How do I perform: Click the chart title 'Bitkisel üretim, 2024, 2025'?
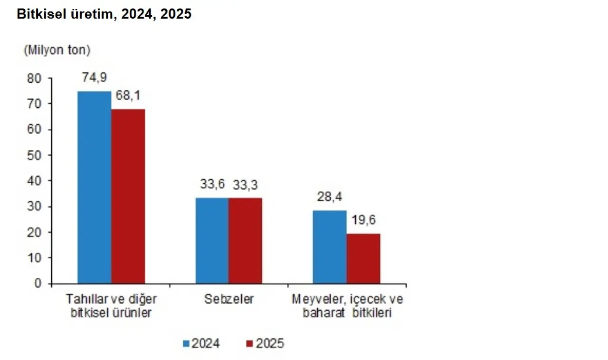pos(104,15)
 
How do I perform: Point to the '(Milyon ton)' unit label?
pos(57,50)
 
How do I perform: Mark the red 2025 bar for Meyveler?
pos(363,258)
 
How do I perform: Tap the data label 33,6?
pos(212,185)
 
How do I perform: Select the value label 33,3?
pos(245,185)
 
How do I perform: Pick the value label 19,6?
pos(363,221)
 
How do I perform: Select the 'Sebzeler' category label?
pos(229,300)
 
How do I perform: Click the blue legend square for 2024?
pos(187,343)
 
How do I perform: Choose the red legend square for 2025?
pos(250,343)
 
